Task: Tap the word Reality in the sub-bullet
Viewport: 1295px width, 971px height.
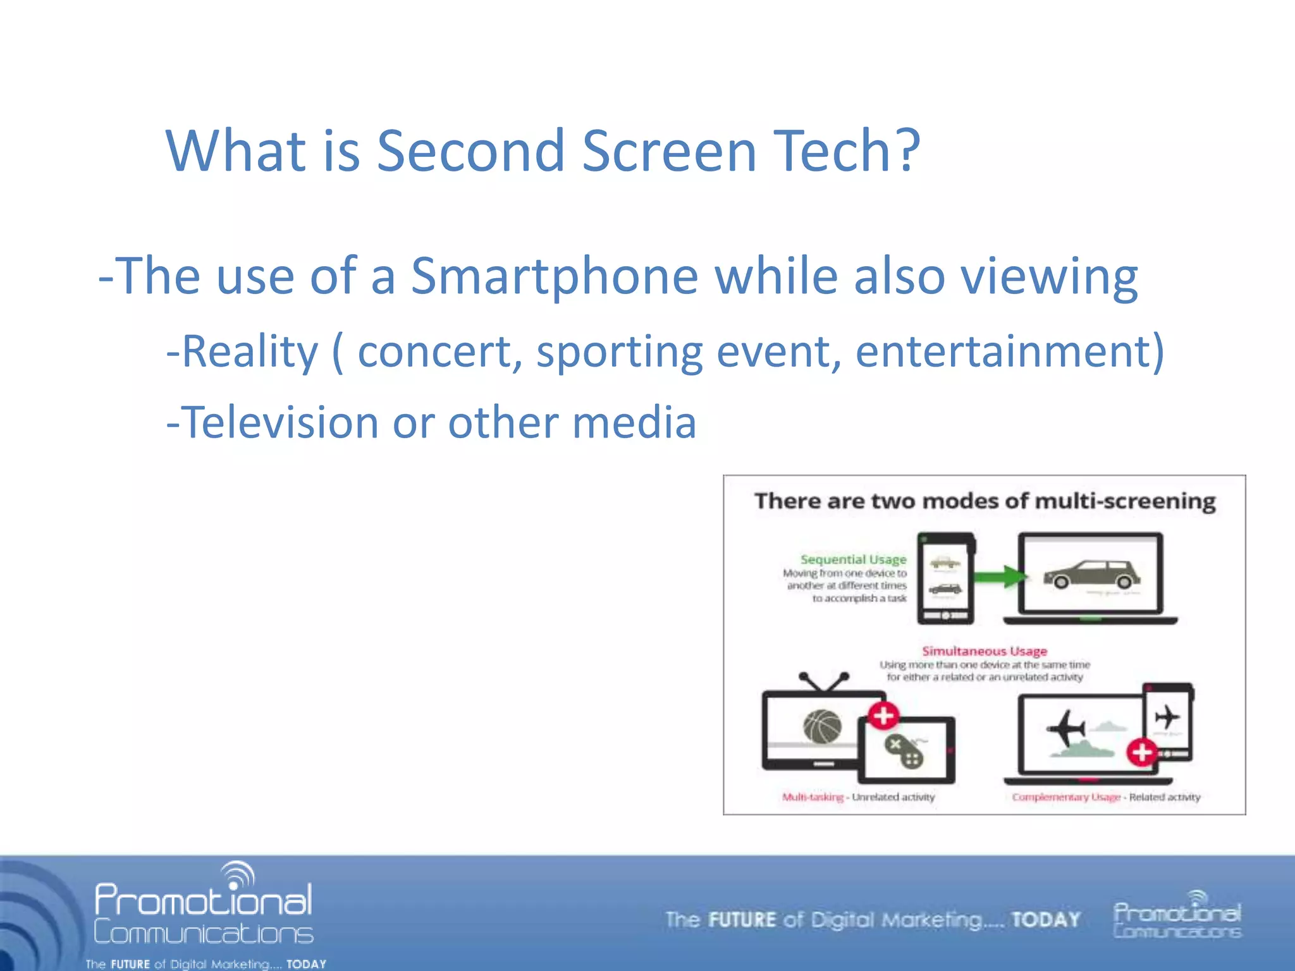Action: (x=250, y=351)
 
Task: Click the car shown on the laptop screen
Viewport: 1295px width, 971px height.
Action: (x=1091, y=574)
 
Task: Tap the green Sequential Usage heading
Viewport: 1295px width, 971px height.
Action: (x=853, y=559)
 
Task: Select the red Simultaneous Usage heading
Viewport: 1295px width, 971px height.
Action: (x=984, y=650)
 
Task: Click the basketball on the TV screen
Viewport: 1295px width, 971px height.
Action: (x=822, y=726)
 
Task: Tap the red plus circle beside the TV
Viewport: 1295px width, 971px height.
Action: (x=883, y=716)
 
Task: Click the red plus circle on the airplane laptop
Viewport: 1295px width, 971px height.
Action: (x=1141, y=752)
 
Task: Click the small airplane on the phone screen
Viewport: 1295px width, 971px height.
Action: (x=1167, y=718)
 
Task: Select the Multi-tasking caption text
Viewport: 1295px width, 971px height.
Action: (x=813, y=797)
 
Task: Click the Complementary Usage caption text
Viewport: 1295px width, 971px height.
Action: (x=1065, y=797)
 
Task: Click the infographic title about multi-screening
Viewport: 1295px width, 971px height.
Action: (x=985, y=501)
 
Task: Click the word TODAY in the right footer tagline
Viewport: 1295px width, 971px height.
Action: (x=1045, y=919)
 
